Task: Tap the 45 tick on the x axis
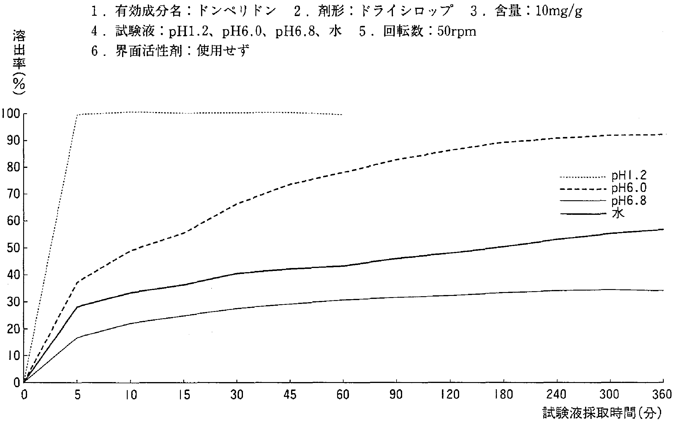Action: point(290,395)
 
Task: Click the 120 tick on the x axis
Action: point(450,395)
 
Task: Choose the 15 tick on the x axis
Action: point(184,395)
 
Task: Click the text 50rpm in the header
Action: point(457,31)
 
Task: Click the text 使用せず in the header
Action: point(223,51)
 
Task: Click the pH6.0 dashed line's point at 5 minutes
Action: point(77,282)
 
